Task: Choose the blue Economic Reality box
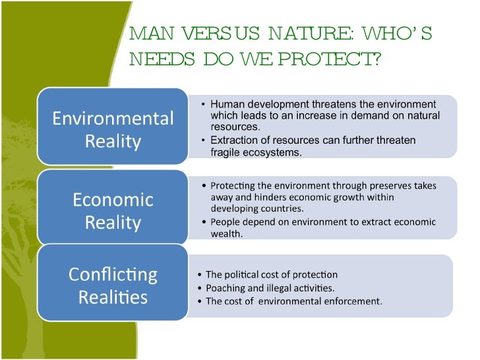click(x=113, y=209)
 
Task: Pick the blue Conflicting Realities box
click(x=113, y=284)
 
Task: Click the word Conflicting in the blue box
click(x=113, y=274)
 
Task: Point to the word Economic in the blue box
click(x=113, y=199)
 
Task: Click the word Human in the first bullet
click(x=226, y=105)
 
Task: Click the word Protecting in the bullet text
click(x=235, y=186)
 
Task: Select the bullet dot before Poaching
click(x=200, y=288)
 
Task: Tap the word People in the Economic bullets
click(x=225, y=220)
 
